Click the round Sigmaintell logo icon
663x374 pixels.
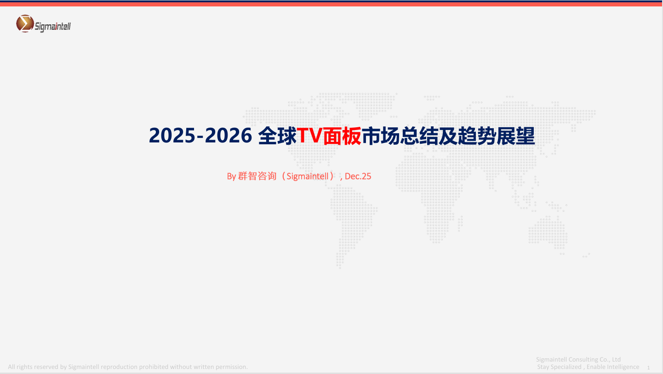click(25, 23)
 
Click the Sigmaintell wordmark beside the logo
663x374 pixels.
click(53, 27)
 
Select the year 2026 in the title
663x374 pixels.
click(228, 136)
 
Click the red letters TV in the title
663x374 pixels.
click(309, 136)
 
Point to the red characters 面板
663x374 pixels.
click(342, 136)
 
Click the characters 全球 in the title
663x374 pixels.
click(277, 136)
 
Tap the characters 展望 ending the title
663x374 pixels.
click(516, 136)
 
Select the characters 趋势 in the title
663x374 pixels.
click(477, 136)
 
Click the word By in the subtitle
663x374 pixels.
click(231, 176)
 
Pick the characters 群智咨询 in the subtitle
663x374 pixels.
click(257, 176)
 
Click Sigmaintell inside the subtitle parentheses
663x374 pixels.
click(308, 176)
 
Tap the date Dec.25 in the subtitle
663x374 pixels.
click(358, 176)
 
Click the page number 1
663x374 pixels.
click(648, 368)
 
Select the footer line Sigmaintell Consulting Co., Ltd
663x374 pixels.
click(578, 359)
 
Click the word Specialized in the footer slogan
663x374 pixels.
click(566, 367)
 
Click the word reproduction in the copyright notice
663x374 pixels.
click(119, 367)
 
